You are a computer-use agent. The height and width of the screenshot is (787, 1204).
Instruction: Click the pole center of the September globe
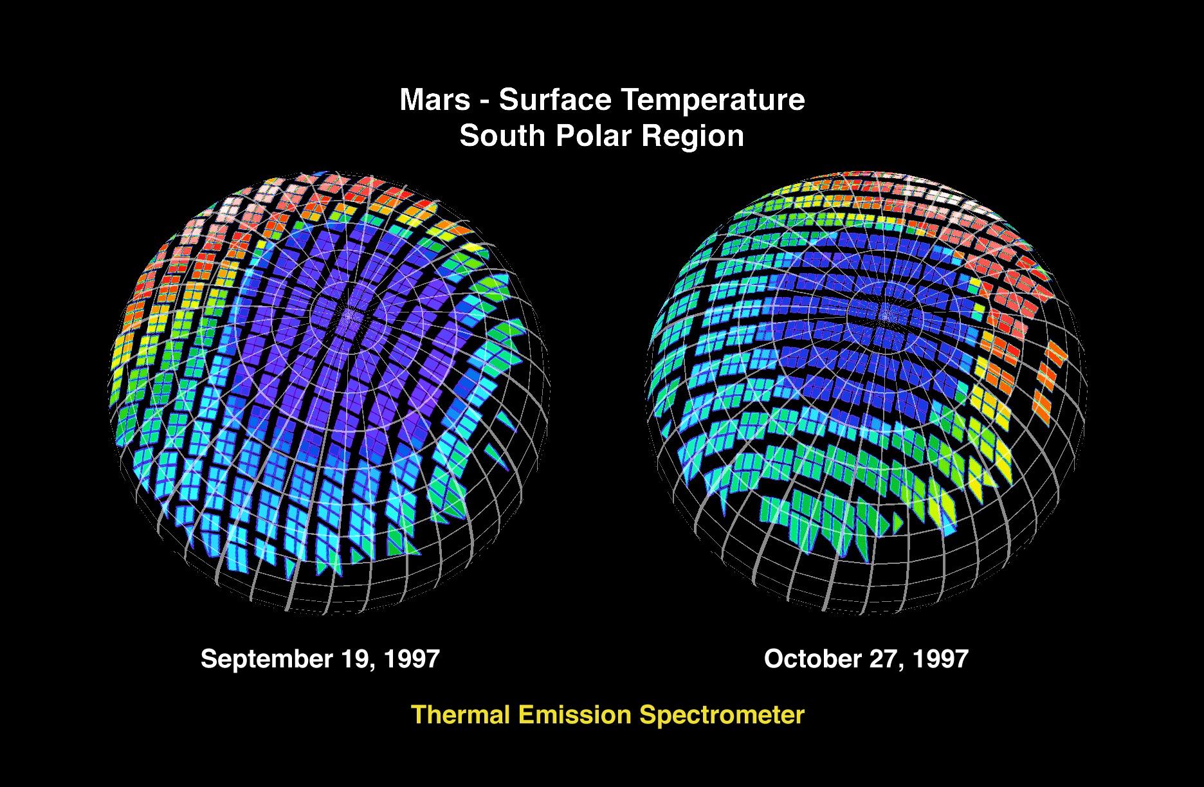(x=351, y=315)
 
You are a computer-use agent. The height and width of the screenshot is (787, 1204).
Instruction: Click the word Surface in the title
(x=552, y=100)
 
